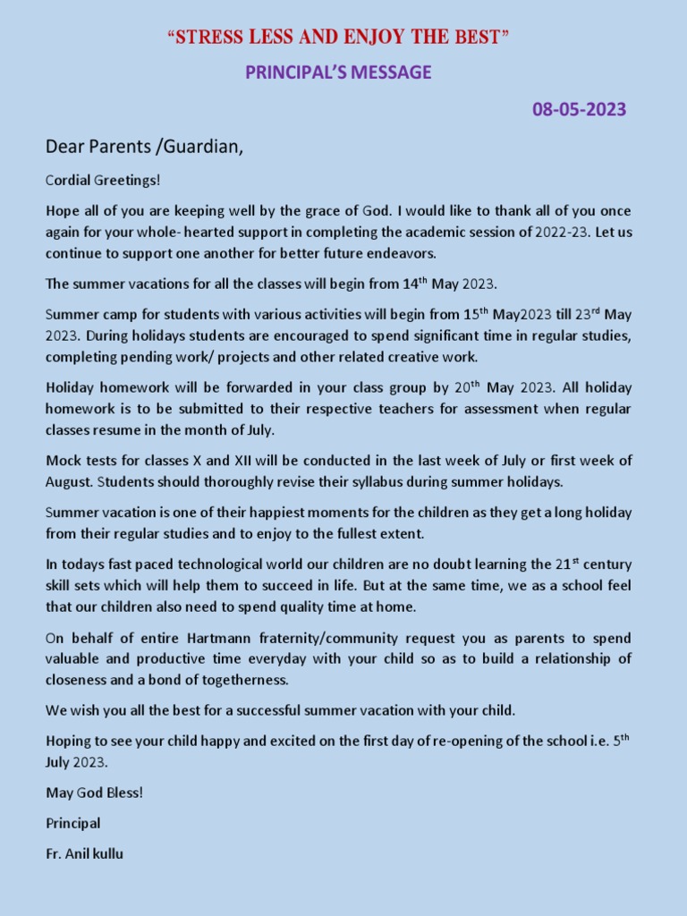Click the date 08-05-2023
(x=580, y=110)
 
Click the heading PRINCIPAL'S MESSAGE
(x=338, y=72)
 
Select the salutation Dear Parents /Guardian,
(x=145, y=147)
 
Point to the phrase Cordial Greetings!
(x=103, y=181)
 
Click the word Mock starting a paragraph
(x=63, y=461)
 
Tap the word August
(x=69, y=481)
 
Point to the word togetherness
(x=243, y=679)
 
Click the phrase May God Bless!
(x=95, y=793)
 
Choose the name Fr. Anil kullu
(x=85, y=853)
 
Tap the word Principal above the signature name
(x=73, y=823)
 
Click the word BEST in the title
(x=479, y=38)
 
